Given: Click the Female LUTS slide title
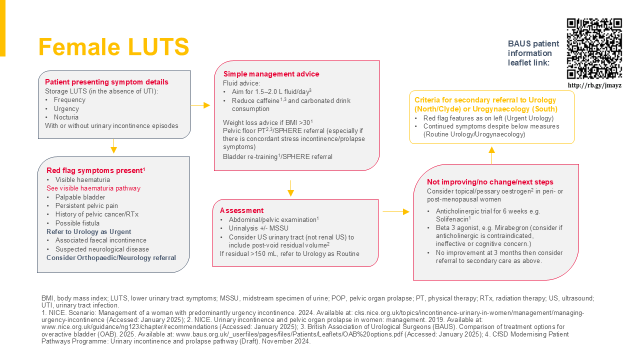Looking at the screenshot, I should click(x=113, y=47).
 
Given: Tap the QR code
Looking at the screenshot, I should click(x=594, y=48).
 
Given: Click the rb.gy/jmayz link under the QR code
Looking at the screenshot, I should click(x=594, y=85).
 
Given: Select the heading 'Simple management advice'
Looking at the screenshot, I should click(x=271, y=74).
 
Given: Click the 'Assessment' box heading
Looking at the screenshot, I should click(x=241, y=210).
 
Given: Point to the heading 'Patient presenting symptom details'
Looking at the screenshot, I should click(x=106, y=82).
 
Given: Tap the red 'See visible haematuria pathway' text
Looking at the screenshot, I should click(x=93, y=188).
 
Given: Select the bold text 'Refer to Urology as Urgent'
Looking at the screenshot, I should click(x=89, y=231).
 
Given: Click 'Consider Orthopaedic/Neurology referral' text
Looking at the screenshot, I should click(x=111, y=257).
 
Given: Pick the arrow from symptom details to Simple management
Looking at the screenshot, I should click(x=200, y=105).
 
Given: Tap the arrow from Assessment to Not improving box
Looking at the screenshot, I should click(x=396, y=212).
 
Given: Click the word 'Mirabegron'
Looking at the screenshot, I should click(x=504, y=227).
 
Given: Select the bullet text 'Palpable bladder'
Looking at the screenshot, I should click(x=80, y=197).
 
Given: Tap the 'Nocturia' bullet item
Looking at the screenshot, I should click(x=66, y=117).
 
